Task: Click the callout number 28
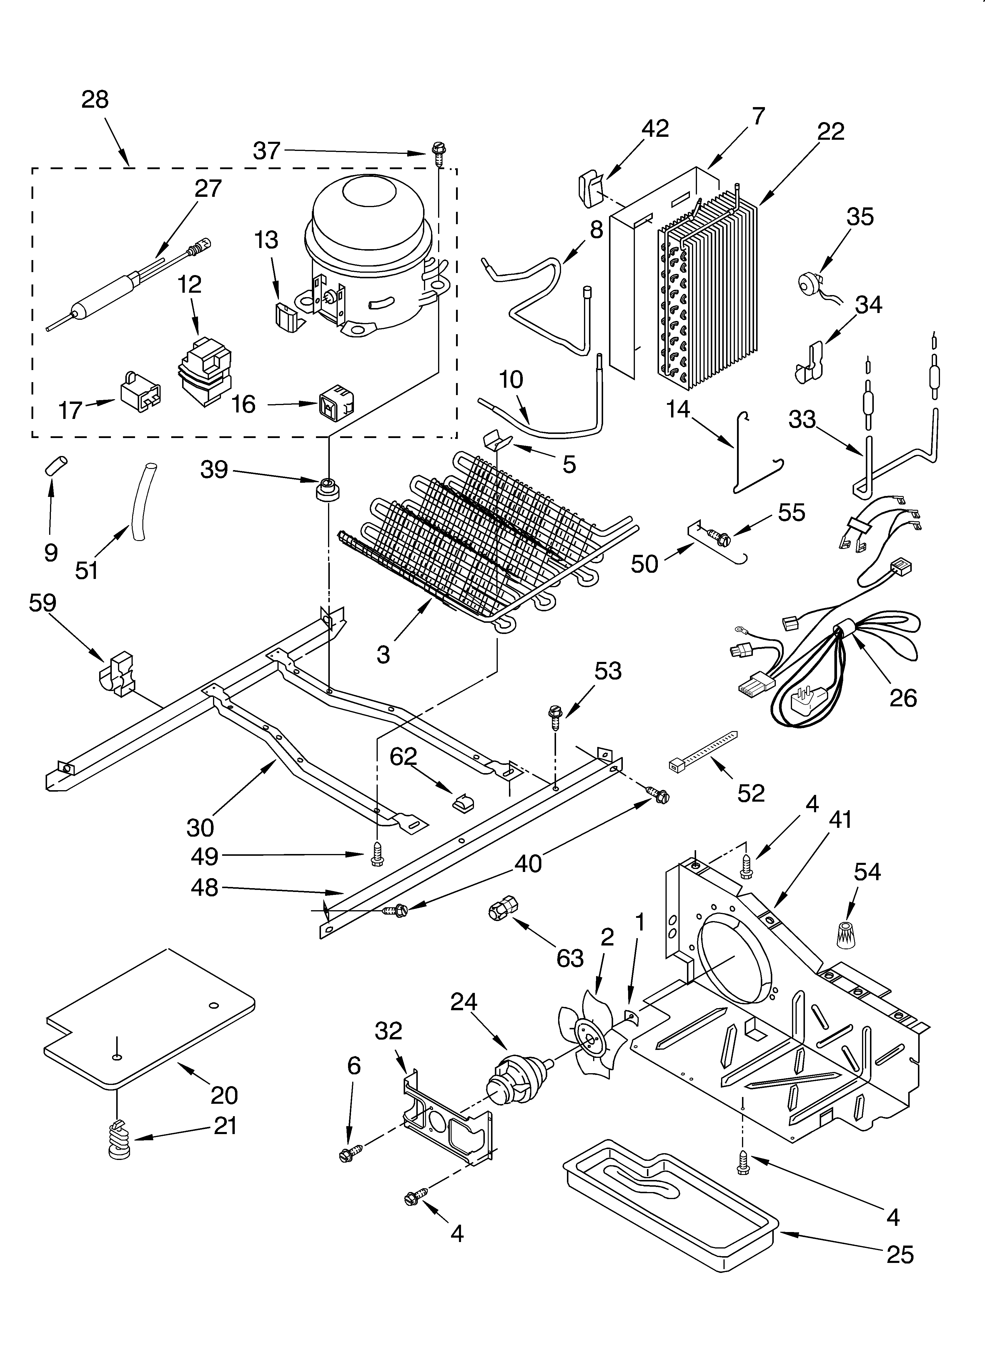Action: pos(95,99)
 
